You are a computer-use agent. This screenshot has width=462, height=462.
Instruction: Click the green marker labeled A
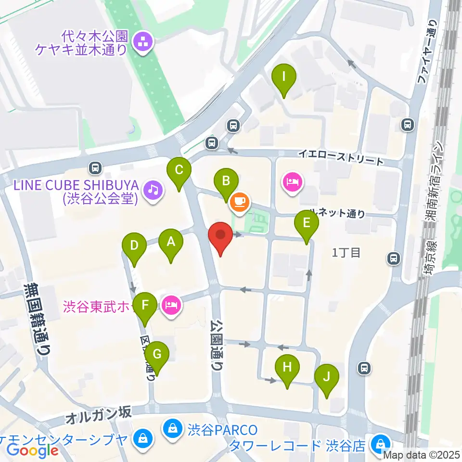tap(171, 242)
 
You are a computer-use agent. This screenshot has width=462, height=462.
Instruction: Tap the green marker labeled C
tap(179, 170)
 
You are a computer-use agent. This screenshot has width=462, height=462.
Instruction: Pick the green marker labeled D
tap(135, 245)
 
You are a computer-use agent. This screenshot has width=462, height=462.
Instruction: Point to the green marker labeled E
tap(306, 223)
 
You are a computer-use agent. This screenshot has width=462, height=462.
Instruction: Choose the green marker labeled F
tap(145, 305)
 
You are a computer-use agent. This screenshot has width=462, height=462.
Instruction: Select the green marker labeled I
tap(284, 77)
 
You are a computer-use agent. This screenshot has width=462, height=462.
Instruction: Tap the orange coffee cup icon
tap(240, 201)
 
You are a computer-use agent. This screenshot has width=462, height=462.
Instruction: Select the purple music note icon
tap(153, 189)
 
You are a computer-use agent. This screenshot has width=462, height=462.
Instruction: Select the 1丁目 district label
tap(346, 253)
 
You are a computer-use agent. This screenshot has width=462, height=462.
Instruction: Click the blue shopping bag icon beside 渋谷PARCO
tap(172, 427)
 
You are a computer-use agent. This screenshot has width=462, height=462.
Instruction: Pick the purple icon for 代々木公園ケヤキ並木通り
tap(142, 42)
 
